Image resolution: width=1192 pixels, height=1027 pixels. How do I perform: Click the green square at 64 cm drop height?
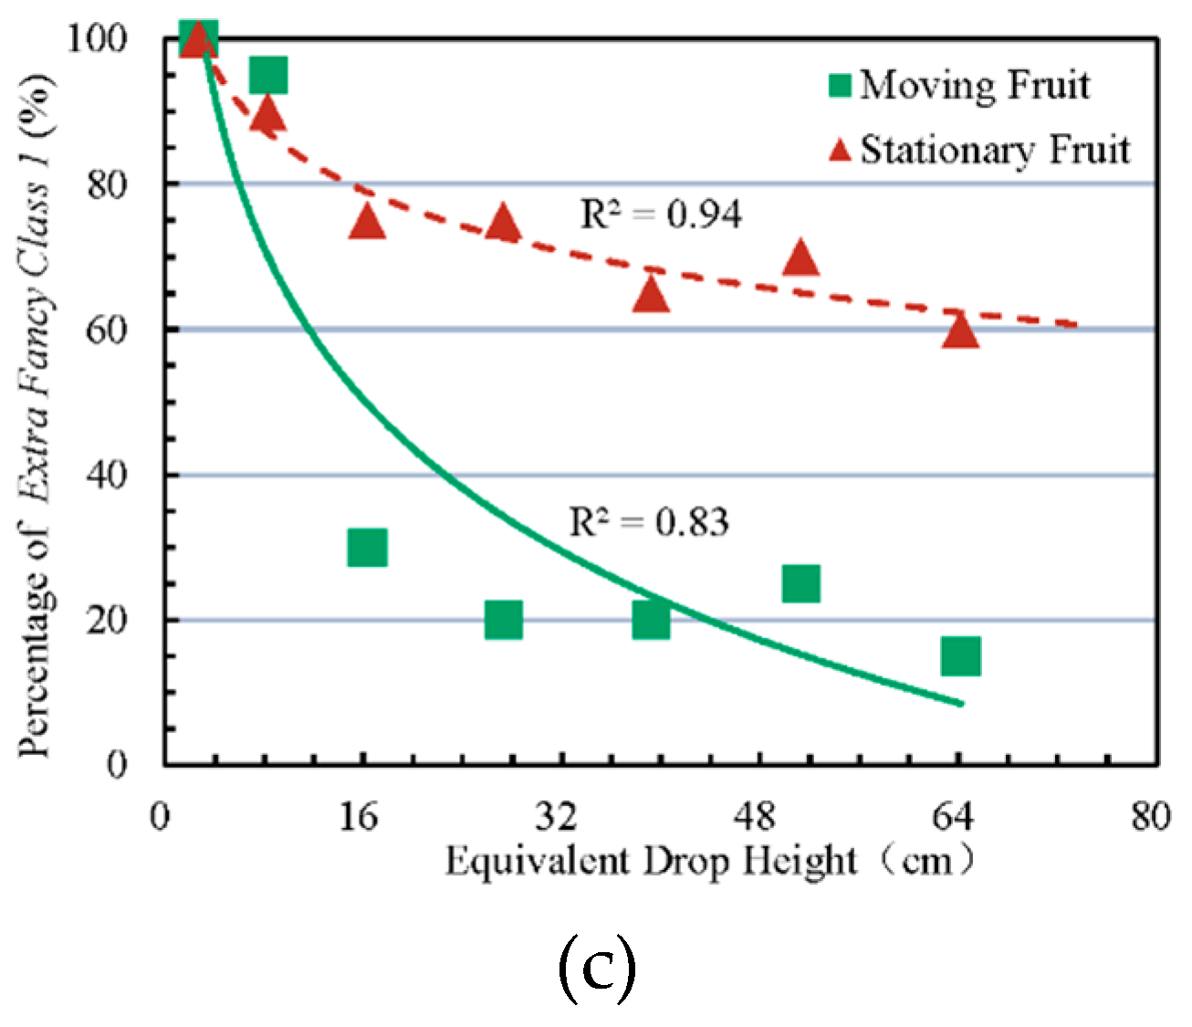coord(960,655)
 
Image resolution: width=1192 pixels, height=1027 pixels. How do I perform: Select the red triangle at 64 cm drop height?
coord(960,331)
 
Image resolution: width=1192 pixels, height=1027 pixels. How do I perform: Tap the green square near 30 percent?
coord(367,547)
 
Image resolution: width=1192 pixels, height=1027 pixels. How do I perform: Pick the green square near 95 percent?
coord(268,74)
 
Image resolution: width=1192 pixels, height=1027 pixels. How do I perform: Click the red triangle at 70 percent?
coord(800,258)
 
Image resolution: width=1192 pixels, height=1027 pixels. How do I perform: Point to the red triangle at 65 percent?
coord(651,295)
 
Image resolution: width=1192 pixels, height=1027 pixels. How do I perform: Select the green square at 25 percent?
coord(800,582)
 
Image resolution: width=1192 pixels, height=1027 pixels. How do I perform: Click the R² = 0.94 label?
coord(661,215)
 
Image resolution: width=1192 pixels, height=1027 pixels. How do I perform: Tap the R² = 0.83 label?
coord(649,522)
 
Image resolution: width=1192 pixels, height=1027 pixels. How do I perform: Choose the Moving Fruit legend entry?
coord(958,85)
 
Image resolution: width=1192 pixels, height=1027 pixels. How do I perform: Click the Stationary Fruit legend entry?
coord(978,150)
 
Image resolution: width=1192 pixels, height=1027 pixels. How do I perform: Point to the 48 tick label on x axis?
coord(754,815)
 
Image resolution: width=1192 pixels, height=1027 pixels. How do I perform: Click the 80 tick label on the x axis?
coord(1149,815)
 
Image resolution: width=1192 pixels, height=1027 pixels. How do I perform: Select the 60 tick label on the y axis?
coord(107,330)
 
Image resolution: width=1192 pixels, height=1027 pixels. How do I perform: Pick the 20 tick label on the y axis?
coord(107,620)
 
